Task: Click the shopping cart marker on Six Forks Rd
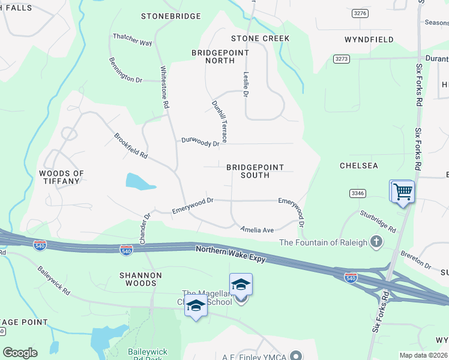pyautogui.click(x=403, y=193)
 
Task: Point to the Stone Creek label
pyautogui.click(x=260, y=38)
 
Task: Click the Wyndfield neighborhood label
pyautogui.click(x=369, y=40)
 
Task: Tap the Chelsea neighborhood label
pyautogui.click(x=358, y=166)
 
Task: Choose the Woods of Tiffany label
pyautogui.click(x=61, y=177)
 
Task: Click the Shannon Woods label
pyautogui.click(x=140, y=280)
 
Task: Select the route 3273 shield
pyautogui.click(x=342, y=59)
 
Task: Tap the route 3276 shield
pyautogui.click(x=360, y=13)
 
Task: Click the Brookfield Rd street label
pyautogui.click(x=131, y=145)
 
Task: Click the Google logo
pyautogui.click(x=20, y=353)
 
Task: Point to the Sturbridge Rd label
pyautogui.click(x=378, y=221)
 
